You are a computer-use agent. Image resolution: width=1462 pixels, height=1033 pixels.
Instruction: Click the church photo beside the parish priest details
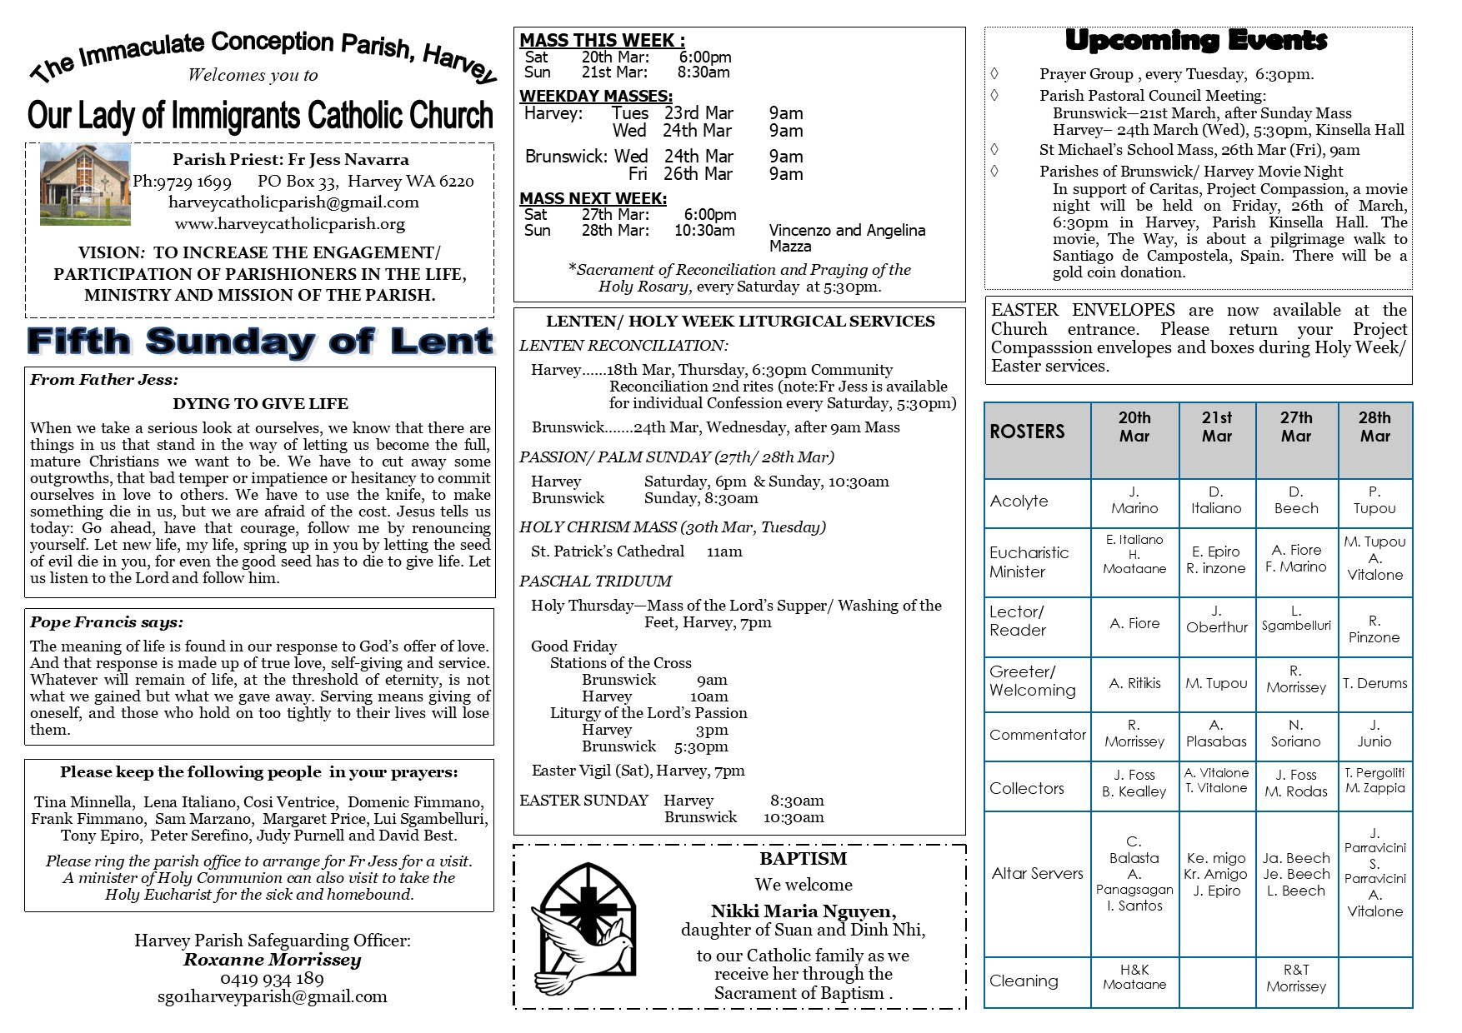click(x=85, y=183)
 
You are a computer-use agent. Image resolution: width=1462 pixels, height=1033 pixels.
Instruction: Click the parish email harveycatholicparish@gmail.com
click(x=293, y=202)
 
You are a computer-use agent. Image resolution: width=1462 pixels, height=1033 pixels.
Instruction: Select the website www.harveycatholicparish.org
click(x=290, y=224)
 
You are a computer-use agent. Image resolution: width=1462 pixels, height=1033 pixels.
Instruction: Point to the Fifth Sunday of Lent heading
click(x=260, y=342)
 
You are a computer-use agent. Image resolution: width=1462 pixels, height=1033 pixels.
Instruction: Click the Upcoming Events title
click(x=1196, y=40)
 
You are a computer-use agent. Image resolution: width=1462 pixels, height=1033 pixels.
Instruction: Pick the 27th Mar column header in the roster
click(x=1295, y=427)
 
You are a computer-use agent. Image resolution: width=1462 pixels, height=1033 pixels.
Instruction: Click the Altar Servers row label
click(x=1037, y=873)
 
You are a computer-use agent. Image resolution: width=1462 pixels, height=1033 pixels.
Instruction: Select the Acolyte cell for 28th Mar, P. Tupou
click(x=1374, y=501)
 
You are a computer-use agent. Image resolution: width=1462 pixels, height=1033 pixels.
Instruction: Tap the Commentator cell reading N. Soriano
click(x=1295, y=734)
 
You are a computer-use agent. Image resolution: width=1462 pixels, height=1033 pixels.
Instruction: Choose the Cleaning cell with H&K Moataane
click(x=1134, y=977)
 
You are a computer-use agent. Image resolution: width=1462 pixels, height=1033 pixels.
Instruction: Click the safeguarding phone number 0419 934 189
click(x=272, y=978)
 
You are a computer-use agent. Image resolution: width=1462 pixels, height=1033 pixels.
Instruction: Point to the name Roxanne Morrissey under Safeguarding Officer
click(x=272, y=960)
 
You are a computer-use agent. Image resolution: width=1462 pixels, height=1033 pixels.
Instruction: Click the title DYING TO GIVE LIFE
click(x=260, y=404)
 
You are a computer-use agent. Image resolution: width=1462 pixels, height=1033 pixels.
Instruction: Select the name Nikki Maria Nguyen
click(x=803, y=911)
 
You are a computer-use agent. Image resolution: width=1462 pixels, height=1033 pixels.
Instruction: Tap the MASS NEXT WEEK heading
click(x=593, y=198)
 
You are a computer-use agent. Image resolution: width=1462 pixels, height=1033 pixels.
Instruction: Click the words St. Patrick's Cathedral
click(x=608, y=551)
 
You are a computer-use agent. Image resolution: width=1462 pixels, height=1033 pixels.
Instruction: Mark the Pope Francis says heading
click(x=107, y=622)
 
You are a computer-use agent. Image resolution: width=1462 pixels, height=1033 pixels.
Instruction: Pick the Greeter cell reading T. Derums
click(x=1374, y=683)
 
